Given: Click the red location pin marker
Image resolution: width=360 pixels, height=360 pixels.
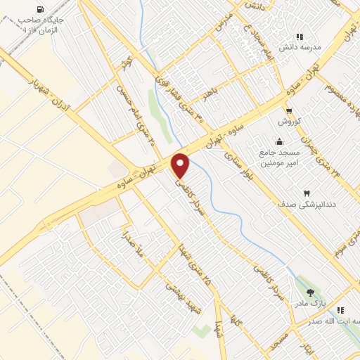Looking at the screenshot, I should pos(181,165).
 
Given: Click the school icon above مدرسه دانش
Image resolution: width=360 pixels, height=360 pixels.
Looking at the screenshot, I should pos(300,37).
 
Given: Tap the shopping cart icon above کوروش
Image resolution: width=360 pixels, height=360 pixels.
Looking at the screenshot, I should pos(289,110).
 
